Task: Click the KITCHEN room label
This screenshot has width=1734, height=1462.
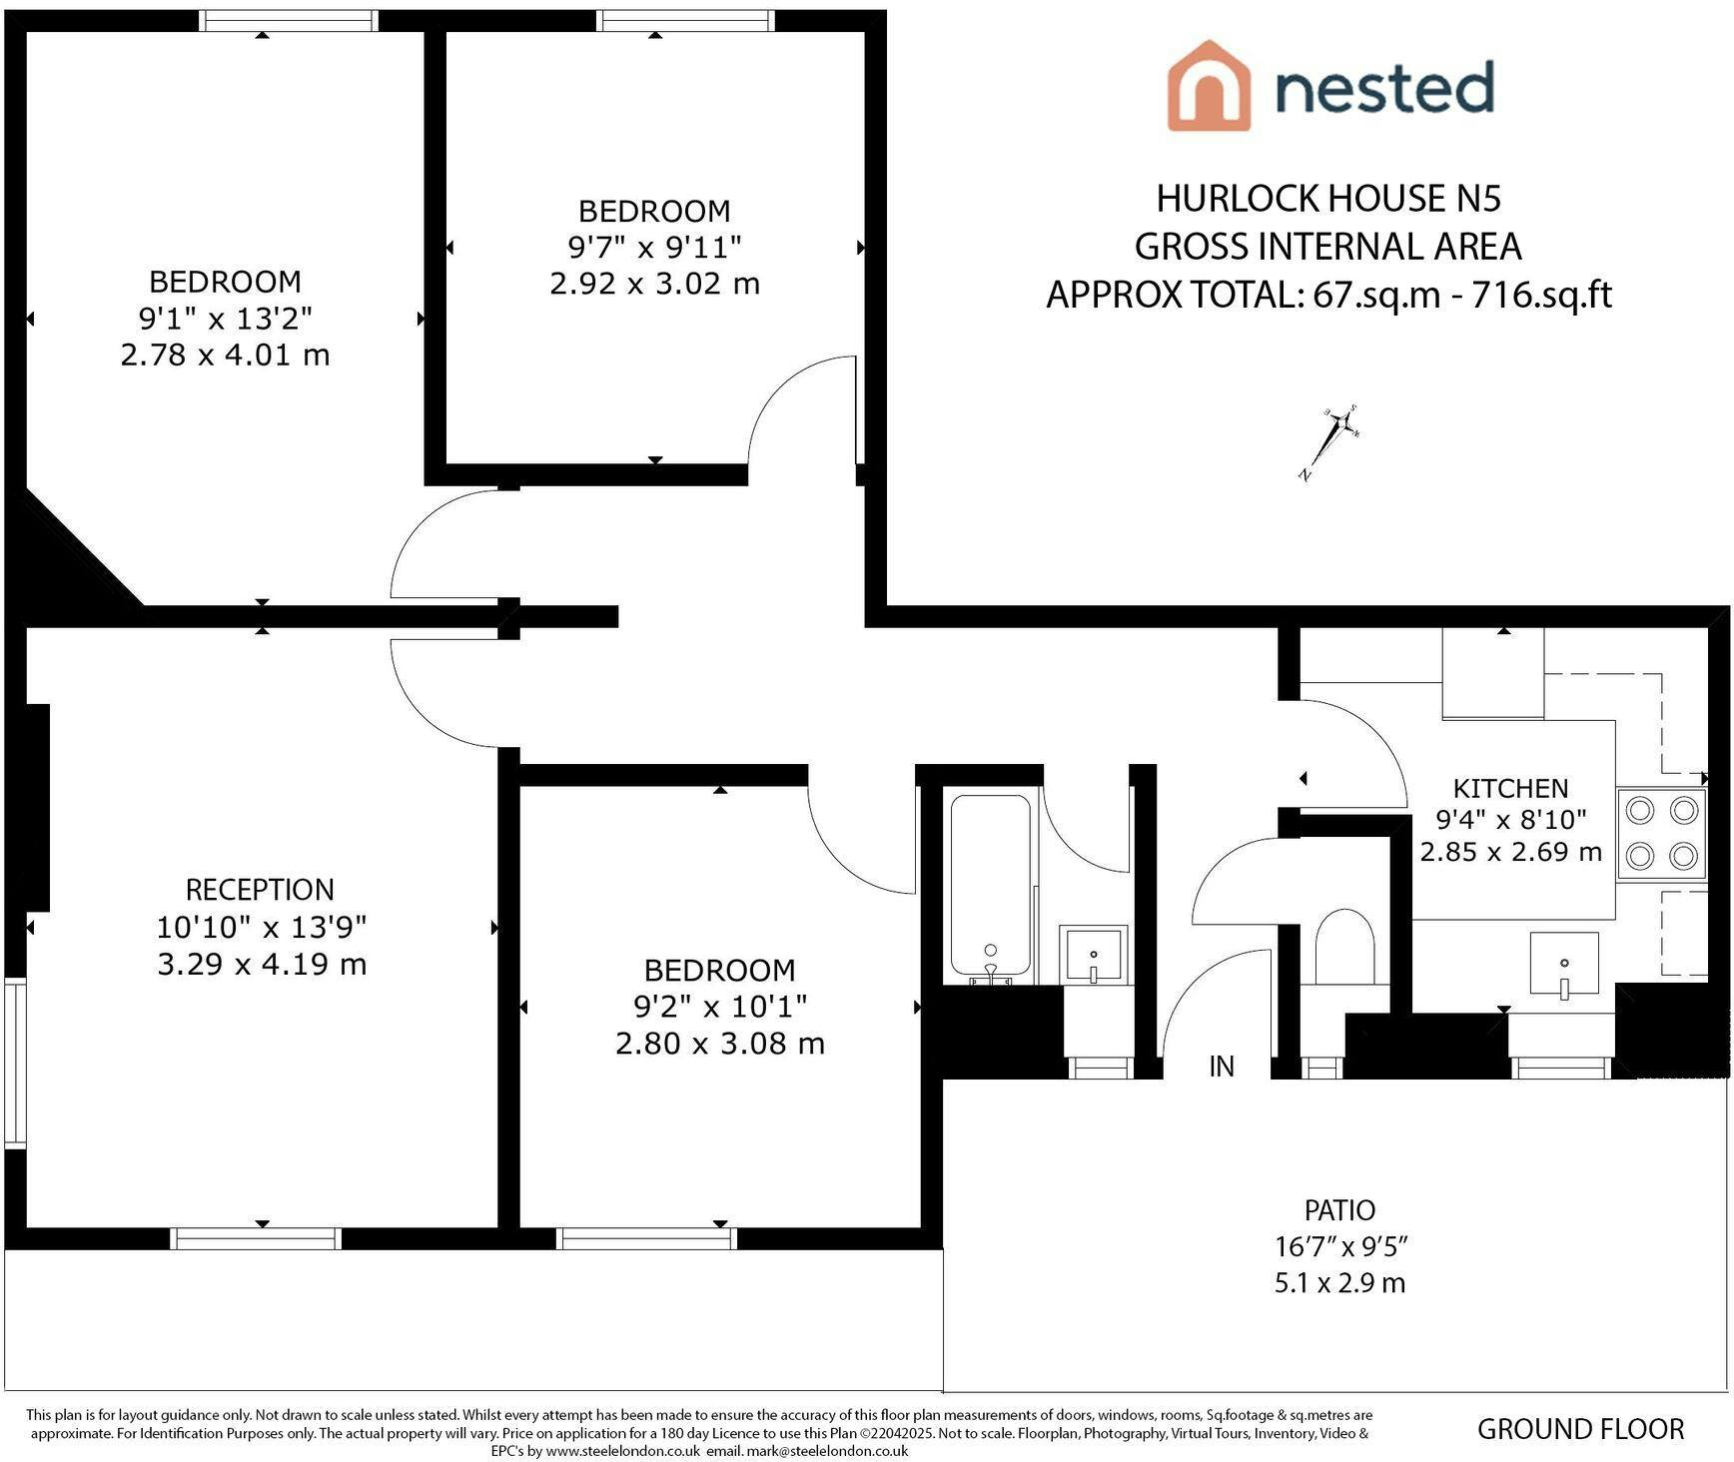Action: pos(1510,788)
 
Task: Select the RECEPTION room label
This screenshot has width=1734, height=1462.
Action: pos(260,889)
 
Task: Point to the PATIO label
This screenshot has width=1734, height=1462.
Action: pos(1339,1210)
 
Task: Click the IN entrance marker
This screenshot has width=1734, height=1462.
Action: pos(1222,1067)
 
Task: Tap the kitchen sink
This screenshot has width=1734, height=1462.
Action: pos(1564,966)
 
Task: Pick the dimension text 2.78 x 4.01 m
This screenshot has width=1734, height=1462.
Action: pos(225,355)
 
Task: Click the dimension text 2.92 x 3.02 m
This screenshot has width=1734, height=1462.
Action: pos(654,284)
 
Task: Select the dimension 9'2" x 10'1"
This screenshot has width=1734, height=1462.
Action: pos(719,1006)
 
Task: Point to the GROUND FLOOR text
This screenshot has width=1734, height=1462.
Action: pos(1580,1429)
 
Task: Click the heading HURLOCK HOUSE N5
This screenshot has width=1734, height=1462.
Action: pos(1328,199)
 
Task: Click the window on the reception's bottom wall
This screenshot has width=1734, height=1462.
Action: pos(258,1238)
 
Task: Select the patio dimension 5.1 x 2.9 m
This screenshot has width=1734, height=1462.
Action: pos(1339,1282)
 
